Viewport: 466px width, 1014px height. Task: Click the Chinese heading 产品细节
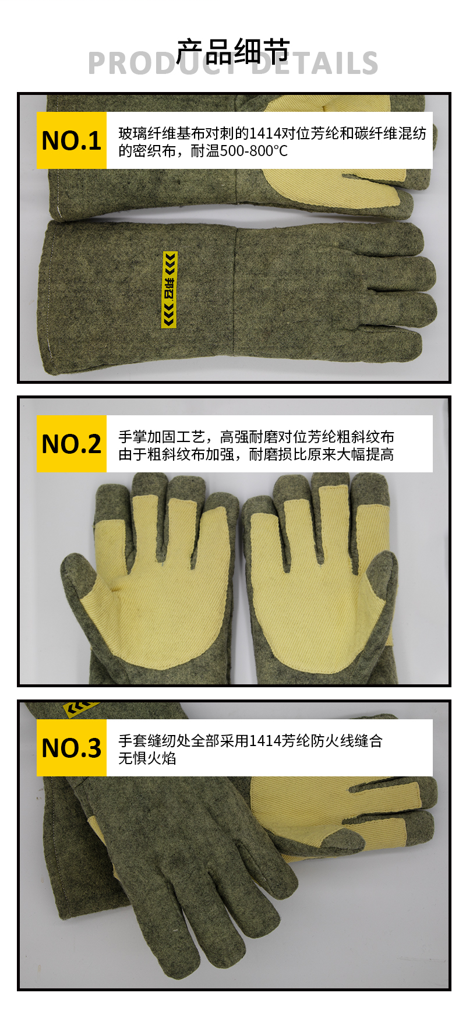(233, 51)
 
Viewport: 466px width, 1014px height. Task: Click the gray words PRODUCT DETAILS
(233, 63)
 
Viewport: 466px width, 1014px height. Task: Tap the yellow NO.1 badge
(72, 140)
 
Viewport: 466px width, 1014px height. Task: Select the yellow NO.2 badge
(72, 444)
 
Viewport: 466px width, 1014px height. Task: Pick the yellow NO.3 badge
(72, 748)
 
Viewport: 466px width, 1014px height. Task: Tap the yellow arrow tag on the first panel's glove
(170, 289)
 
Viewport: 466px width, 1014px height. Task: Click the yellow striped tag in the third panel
(80, 709)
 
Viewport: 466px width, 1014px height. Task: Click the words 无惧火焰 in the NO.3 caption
(147, 758)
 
